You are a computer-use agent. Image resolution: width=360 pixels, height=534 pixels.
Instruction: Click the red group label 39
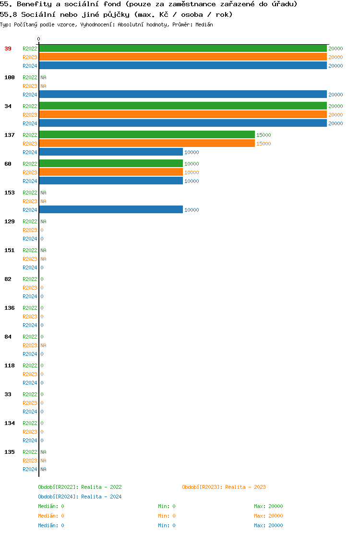8,49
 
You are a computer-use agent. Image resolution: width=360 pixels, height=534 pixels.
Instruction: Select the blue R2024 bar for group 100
182,95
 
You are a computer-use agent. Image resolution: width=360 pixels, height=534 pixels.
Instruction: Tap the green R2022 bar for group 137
146,135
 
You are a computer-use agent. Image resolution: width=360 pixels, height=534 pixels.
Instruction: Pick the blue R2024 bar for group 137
110,152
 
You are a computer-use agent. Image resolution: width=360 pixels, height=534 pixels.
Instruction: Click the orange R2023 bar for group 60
110,172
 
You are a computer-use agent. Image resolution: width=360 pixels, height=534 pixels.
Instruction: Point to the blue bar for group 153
110,210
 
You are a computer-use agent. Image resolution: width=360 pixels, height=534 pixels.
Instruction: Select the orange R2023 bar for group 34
182,115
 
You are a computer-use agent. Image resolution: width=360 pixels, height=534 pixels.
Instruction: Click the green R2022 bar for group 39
182,49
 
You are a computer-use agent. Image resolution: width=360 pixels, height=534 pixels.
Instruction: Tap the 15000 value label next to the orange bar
264,144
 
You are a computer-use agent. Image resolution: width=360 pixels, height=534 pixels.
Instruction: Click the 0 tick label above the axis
39,39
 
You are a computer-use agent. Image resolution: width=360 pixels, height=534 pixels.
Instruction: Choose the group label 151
10,250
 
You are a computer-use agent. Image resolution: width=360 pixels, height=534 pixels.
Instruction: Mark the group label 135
10,452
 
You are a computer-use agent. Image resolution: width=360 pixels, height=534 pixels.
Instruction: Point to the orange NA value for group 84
43,345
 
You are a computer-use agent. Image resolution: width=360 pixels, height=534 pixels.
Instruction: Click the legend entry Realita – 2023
245,487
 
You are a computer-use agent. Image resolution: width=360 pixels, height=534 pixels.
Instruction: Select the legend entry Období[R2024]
59,497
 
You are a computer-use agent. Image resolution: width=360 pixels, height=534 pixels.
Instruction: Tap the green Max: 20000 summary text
268,506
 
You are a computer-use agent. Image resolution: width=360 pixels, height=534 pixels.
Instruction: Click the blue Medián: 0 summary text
51,525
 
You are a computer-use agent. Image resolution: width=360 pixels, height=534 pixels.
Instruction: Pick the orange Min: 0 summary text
167,516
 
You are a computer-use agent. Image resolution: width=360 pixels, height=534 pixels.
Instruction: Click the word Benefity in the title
34,4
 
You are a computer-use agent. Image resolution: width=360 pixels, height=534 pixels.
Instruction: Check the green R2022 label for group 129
30,221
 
